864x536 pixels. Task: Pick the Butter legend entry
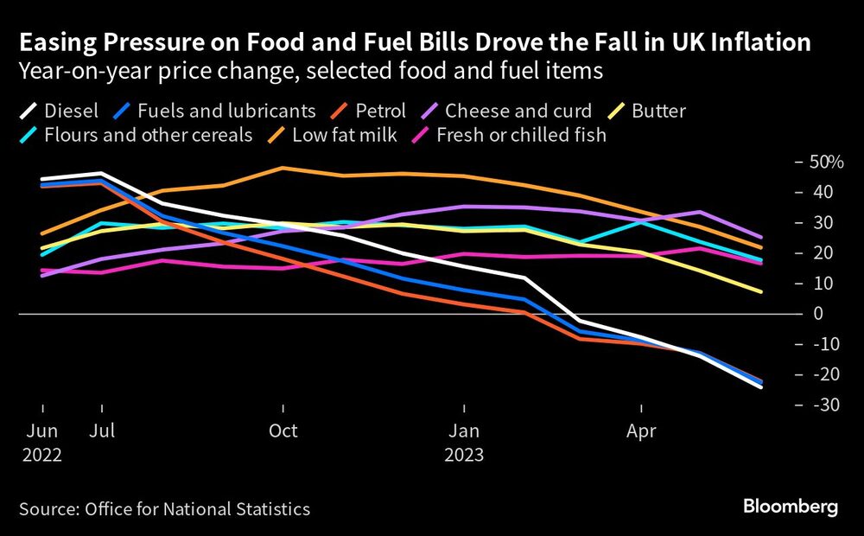click(x=657, y=111)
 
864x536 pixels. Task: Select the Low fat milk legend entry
click(x=345, y=135)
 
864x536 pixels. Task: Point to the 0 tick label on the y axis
click(x=816, y=313)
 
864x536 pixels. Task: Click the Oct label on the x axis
click(x=283, y=431)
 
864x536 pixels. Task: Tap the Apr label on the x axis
click(x=641, y=431)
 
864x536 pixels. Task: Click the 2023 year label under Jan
click(x=464, y=455)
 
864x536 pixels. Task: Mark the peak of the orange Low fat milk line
click(x=283, y=168)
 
